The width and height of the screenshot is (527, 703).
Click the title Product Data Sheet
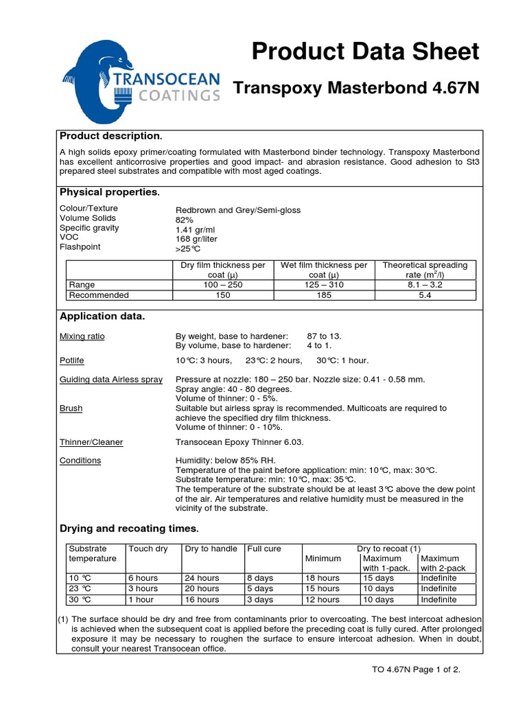pyautogui.click(x=365, y=51)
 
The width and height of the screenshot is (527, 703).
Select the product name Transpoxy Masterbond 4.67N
pyautogui.click(x=356, y=89)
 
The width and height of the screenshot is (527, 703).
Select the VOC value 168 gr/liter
pyautogui.click(x=200, y=239)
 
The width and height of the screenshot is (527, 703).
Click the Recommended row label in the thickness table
pyautogui.click(x=99, y=295)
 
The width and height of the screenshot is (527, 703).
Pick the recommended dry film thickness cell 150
pyautogui.click(x=222, y=295)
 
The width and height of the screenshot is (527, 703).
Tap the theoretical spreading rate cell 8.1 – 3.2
pyautogui.click(x=425, y=284)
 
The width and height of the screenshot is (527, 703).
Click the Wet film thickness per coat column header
pyautogui.click(x=325, y=270)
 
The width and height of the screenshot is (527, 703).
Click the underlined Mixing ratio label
pyautogui.click(x=82, y=336)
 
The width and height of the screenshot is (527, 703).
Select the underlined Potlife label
pyautogui.click(x=72, y=360)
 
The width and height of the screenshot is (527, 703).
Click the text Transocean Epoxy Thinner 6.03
pyautogui.click(x=239, y=442)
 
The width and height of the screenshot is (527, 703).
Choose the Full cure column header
pyautogui.click(x=264, y=549)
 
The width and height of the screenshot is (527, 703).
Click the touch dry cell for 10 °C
pyautogui.click(x=143, y=578)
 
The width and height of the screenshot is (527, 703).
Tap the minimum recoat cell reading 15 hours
pyautogui.click(x=322, y=588)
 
